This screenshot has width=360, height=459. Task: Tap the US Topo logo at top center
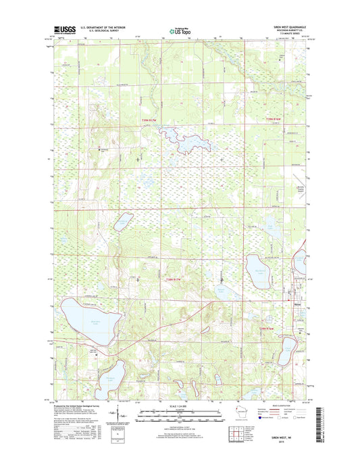click(179, 30)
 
